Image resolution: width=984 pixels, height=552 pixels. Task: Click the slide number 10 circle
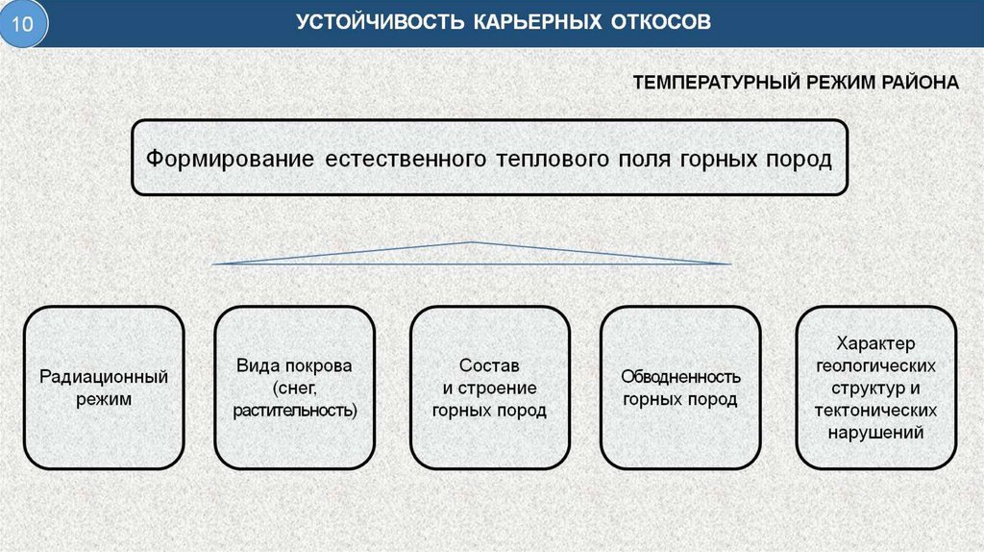pos(27,26)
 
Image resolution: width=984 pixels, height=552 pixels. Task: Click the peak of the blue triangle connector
pos(471,242)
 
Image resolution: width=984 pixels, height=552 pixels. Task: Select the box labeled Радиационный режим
pos(104,387)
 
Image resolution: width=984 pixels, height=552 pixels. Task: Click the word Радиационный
pos(104,376)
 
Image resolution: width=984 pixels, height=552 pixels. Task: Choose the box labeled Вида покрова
pos(294,387)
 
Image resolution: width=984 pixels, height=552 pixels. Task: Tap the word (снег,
pos(294,389)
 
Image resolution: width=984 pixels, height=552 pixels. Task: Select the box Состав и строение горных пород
pos(489,387)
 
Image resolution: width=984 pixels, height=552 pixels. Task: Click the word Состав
pos(489,366)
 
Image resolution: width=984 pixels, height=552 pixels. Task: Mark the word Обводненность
pos(679,376)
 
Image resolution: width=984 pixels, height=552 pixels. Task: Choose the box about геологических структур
pos(875,387)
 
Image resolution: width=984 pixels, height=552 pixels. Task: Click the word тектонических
pos(875,411)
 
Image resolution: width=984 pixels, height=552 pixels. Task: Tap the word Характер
pos(875,343)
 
